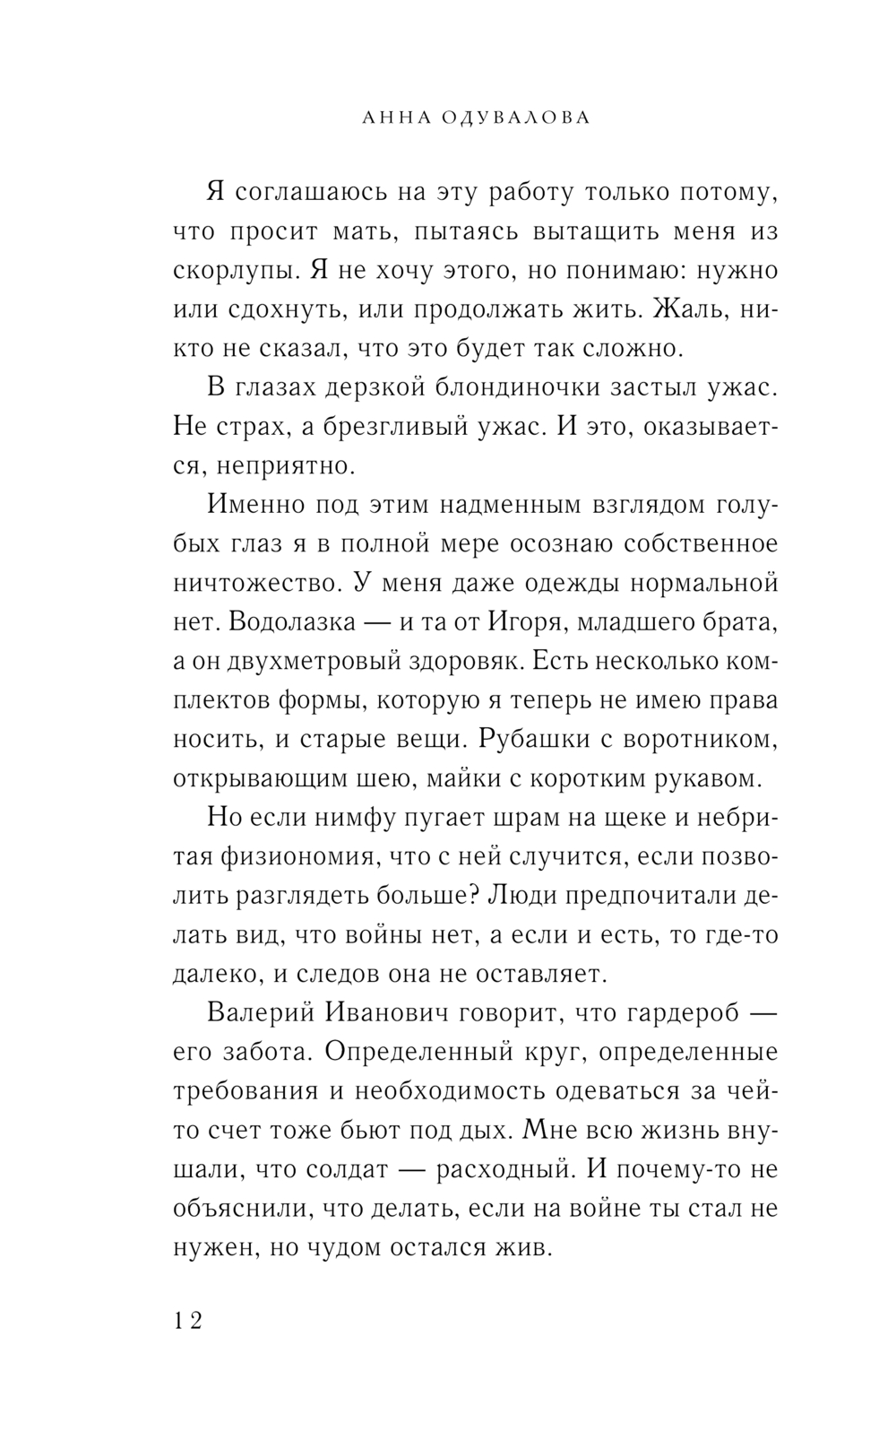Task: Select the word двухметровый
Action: pos(311,661)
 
